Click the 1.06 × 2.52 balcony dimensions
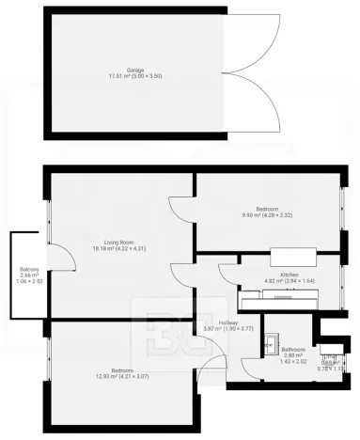pyautogui.click(x=28, y=281)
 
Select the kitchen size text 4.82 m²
pyautogui.click(x=261, y=280)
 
